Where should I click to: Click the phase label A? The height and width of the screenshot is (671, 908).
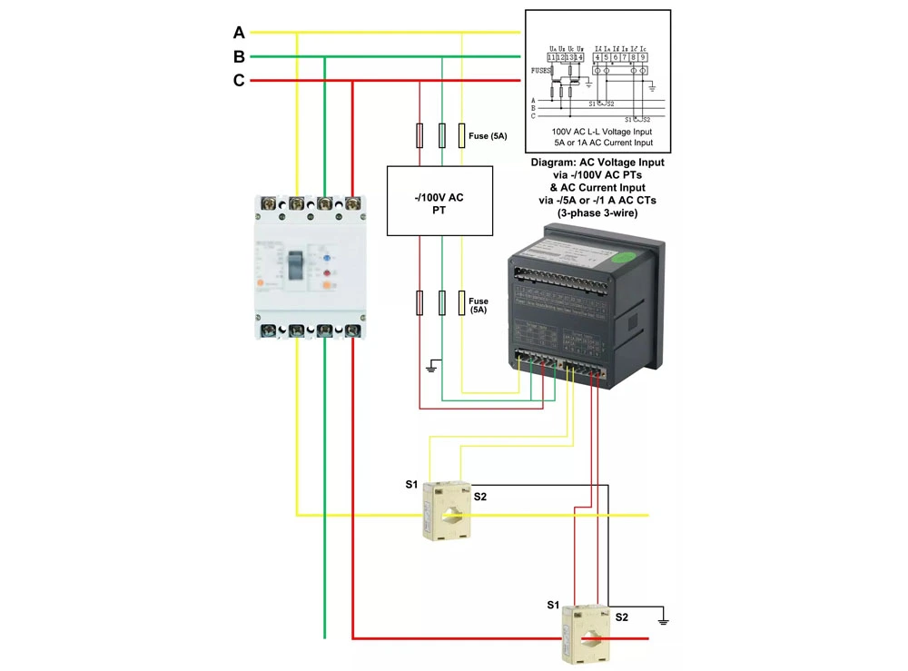pos(239,33)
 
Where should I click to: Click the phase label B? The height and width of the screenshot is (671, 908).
pos(239,57)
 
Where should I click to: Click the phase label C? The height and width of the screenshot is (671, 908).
pos(239,81)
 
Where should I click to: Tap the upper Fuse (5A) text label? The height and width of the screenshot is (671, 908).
pos(488,136)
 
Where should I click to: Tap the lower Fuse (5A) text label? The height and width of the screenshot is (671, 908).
pos(478,305)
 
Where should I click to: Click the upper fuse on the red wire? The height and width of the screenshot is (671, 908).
pos(419,136)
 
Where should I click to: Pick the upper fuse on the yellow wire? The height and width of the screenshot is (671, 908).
pos(462,136)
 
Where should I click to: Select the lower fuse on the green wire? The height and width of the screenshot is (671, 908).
pos(441,302)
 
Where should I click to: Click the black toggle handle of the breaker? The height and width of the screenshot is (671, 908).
pos(296,265)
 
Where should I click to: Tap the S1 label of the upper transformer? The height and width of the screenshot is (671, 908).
pos(411,484)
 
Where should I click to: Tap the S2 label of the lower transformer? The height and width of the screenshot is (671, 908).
pos(621,617)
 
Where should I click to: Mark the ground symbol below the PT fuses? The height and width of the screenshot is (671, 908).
pos(433,366)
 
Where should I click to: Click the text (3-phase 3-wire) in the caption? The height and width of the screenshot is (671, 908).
pos(597,212)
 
